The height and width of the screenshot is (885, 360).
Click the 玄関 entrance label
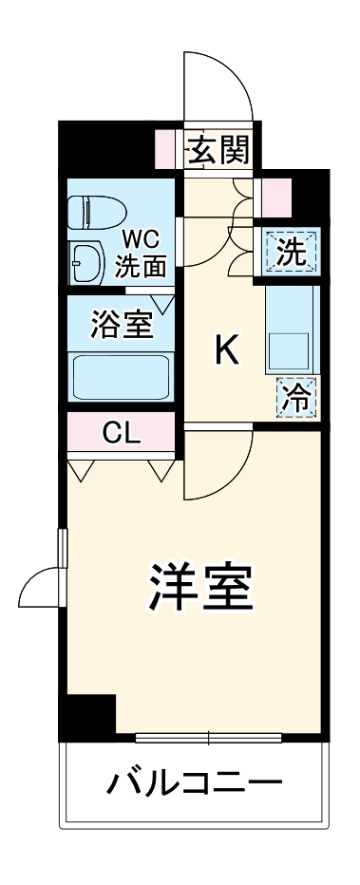pos(218,149)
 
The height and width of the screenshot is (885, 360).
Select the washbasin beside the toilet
pos(86,260)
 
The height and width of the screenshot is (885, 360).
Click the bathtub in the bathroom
pos(121,377)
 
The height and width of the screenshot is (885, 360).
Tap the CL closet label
pos(121,435)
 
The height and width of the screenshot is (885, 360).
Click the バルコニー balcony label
pos(194,783)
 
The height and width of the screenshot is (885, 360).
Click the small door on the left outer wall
pos(40,587)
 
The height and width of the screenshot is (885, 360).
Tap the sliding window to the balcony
pos(208,736)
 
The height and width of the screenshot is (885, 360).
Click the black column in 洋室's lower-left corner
pos(87,714)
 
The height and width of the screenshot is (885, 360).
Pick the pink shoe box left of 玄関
pos(168,149)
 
